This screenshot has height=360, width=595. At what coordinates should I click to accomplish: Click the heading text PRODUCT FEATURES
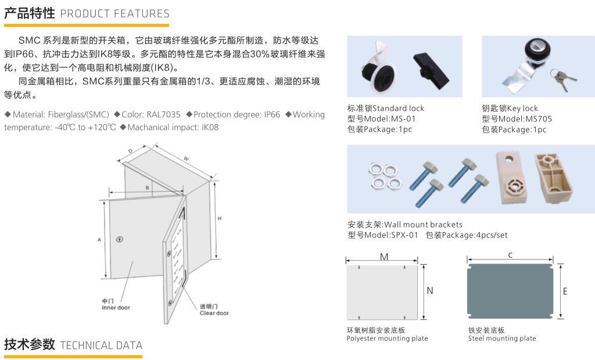click(x=114, y=13)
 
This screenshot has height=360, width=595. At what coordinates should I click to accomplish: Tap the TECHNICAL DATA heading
click(x=101, y=345)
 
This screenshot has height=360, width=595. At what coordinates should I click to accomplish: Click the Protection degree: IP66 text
click(x=236, y=115)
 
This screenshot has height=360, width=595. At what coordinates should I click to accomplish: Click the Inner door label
click(x=116, y=308)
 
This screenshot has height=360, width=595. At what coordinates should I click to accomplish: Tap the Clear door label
click(x=214, y=313)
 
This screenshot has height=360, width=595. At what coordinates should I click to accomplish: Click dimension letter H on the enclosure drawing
click(x=219, y=218)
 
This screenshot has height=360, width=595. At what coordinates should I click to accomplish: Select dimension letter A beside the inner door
click(x=99, y=239)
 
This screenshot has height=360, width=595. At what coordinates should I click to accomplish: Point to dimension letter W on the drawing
click(x=186, y=158)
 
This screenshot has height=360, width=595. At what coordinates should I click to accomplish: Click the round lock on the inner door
click(x=120, y=239)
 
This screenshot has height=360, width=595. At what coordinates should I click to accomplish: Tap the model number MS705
click(x=539, y=119)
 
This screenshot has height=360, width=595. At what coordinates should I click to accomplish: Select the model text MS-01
click(x=404, y=119)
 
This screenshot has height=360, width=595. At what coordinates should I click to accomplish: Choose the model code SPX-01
click(x=404, y=235)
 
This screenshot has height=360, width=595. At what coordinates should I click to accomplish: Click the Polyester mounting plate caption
click(x=387, y=339)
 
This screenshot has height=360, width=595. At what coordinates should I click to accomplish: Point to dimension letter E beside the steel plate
click(x=565, y=291)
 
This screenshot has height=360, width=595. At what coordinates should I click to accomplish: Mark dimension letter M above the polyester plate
click(x=384, y=257)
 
